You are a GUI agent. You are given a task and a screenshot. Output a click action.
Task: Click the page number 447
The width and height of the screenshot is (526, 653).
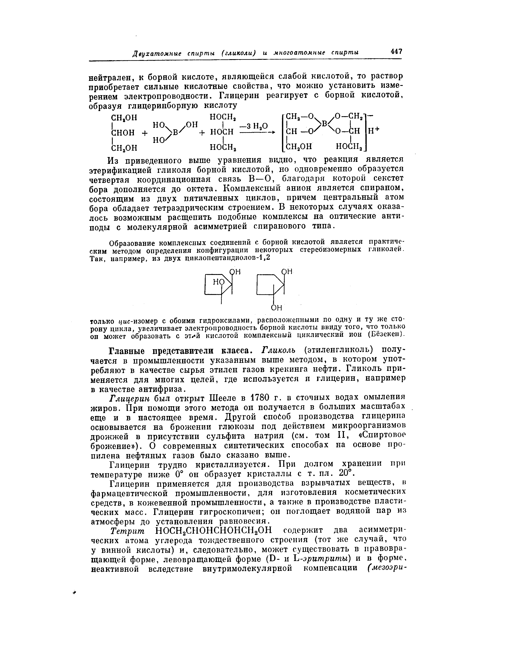point(396,52)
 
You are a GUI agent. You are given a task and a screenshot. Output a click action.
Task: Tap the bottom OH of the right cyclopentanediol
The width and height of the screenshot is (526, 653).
point(276,308)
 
